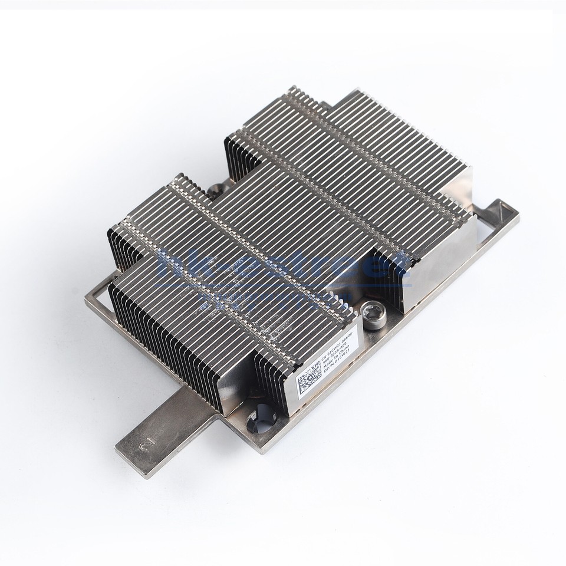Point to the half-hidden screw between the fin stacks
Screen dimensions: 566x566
tap(215, 192)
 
